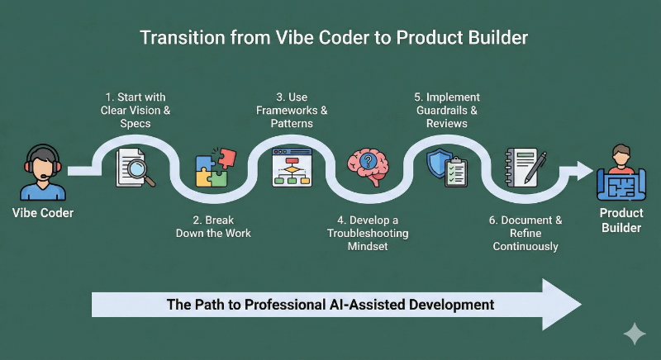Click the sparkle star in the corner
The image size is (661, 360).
coord(634,334)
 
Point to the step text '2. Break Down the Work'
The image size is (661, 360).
coord(214,226)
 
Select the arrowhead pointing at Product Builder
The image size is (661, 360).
coord(583,171)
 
